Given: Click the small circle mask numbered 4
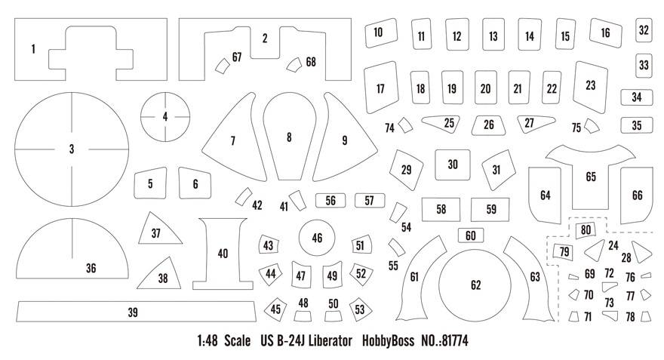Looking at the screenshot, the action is tap(165, 117).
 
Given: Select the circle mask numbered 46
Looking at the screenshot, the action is tap(317, 238).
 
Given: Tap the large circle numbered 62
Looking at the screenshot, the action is tap(475, 285).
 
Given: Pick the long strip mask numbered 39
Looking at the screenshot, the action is tap(136, 312).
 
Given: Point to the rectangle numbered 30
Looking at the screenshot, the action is tap(452, 165).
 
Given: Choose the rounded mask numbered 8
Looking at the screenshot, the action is tap(289, 137).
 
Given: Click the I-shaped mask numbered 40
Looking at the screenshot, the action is tap(223, 254).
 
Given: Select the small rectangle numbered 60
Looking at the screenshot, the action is tap(471, 235).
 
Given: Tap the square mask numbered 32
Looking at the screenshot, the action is tap(644, 30).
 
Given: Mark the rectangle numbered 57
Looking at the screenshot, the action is tap(369, 200).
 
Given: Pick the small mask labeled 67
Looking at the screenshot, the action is tap(222, 66).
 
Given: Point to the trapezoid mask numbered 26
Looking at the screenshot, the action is tap(488, 125).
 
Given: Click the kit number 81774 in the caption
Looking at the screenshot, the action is tap(445, 340).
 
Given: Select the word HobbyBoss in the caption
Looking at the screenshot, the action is tap(388, 341).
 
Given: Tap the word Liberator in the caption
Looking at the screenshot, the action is tap(330, 340).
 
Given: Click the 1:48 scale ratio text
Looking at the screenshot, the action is tap(207, 340).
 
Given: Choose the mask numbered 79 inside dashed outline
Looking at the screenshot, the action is tap(564, 251).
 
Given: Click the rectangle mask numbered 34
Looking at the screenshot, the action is tap(637, 97).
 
